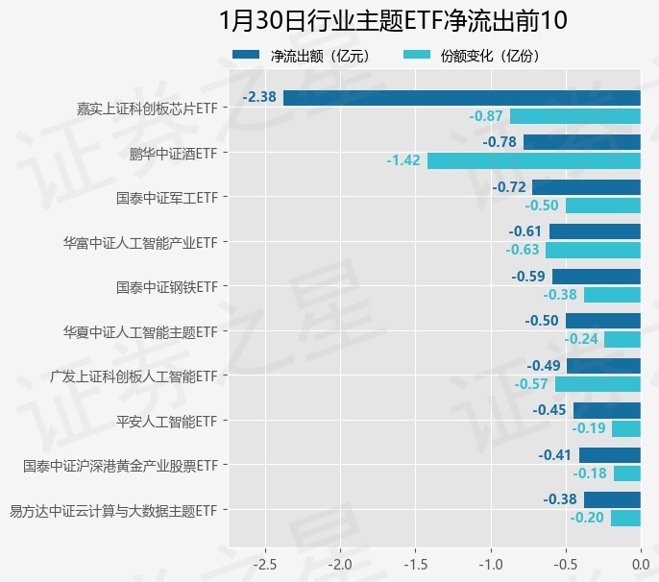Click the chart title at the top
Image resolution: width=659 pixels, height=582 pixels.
pos(378,21)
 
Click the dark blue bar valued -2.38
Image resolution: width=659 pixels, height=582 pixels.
pos(462,97)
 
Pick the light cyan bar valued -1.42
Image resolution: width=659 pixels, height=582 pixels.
pos(534,160)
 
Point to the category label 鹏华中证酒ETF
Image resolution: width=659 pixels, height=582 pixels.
pos(174,152)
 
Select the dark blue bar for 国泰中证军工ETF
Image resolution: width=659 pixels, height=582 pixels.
pos(586,186)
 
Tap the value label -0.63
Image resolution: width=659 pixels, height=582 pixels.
pos(523,250)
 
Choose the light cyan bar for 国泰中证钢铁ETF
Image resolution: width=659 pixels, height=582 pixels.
pos(612,295)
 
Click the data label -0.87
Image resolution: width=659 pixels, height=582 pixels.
pos(486,116)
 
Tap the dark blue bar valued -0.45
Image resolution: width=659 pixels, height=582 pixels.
pos(607,410)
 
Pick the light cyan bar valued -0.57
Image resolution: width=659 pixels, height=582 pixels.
pos(598,384)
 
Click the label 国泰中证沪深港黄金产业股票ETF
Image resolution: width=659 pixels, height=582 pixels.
pos(121,466)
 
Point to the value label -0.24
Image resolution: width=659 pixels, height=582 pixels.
pos(581,339)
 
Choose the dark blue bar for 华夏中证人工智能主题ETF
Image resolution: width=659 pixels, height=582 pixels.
pos(603,321)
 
